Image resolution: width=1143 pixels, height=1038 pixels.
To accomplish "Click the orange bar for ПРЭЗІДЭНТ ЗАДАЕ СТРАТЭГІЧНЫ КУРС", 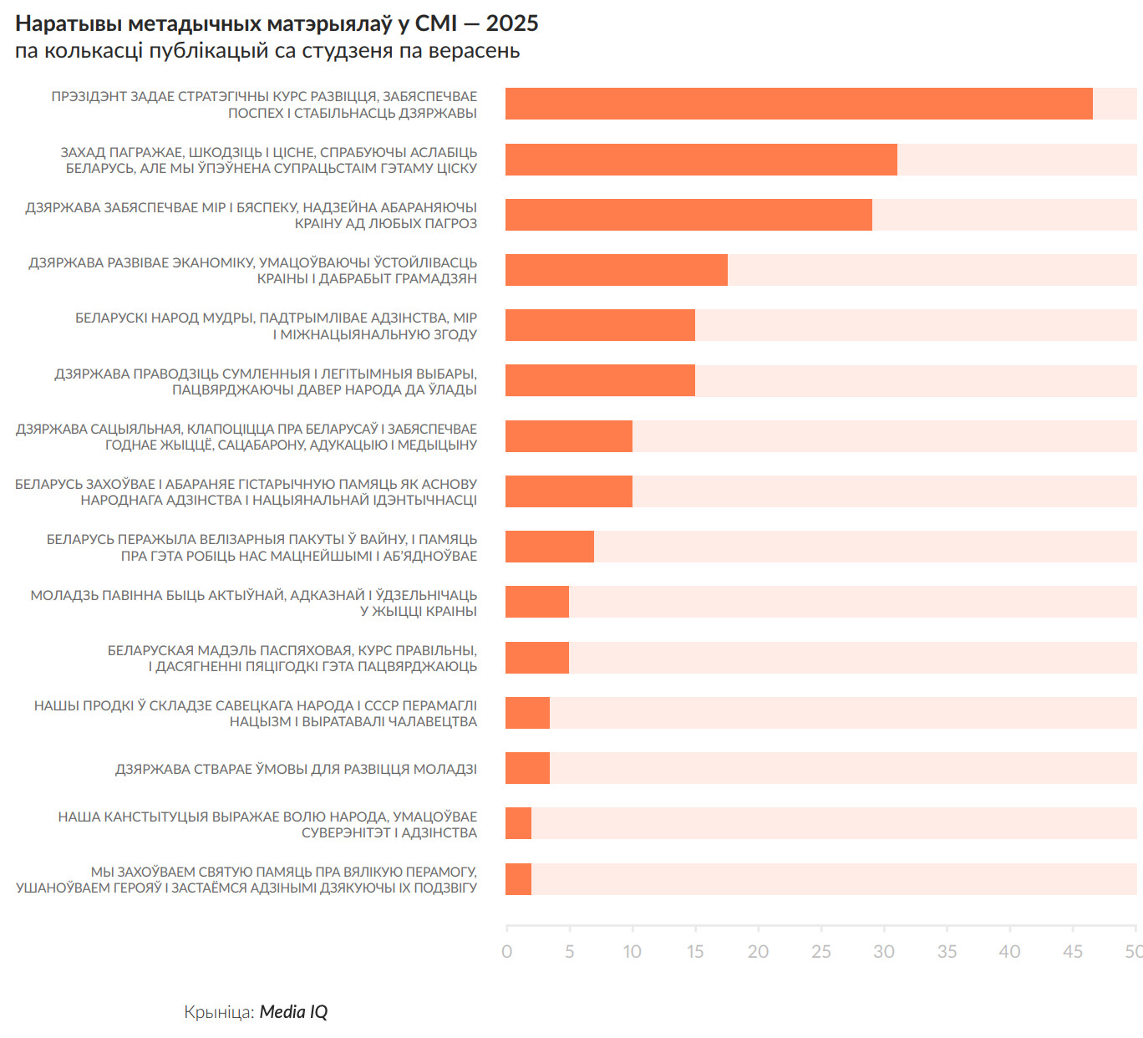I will (x=798, y=104).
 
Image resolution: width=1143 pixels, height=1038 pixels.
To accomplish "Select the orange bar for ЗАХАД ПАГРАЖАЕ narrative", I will (x=700, y=160).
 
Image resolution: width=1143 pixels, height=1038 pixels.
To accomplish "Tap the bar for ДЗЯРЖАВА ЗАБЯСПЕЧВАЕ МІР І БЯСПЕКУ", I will (x=688, y=215).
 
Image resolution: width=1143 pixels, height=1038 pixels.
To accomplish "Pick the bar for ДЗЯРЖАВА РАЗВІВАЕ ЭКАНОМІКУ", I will (x=616, y=270).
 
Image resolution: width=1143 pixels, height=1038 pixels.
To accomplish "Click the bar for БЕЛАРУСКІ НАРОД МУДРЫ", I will (x=599, y=325).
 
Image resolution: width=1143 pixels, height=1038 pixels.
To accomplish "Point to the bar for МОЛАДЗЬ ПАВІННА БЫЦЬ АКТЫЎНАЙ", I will (x=536, y=602).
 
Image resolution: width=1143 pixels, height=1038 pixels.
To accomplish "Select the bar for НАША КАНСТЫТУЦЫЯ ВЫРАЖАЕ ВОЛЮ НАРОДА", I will (x=518, y=823).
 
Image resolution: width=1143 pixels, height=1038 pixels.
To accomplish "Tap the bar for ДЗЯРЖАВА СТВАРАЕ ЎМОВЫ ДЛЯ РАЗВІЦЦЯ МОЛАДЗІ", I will (x=527, y=768).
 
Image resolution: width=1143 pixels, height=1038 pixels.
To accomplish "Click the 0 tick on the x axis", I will (x=506, y=951).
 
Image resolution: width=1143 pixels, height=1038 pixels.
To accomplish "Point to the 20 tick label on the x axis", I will (x=758, y=951).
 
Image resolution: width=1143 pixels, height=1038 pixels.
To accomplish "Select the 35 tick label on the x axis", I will (x=947, y=951).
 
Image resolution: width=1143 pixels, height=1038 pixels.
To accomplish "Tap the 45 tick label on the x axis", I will (x=1072, y=951).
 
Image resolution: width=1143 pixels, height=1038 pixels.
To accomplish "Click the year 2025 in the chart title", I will (x=512, y=23).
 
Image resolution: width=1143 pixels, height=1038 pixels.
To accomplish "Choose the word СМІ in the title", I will (x=436, y=23).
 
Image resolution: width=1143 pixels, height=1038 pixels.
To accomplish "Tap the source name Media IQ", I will (x=293, y=1012).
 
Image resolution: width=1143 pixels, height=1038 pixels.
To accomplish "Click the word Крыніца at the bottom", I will (x=217, y=1012).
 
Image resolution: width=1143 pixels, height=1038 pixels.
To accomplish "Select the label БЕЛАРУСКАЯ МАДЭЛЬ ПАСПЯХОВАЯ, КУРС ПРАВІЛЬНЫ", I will (x=292, y=658).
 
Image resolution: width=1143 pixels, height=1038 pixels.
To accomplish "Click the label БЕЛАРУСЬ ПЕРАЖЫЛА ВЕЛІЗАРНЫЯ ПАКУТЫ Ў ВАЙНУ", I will (x=262, y=547).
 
